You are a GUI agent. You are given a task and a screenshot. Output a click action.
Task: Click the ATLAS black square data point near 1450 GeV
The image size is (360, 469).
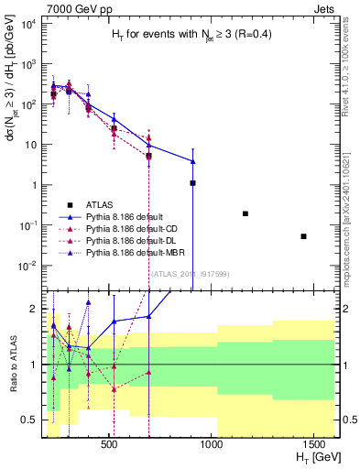tap(303, 236)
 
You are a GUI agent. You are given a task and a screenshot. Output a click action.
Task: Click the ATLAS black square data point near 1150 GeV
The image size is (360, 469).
tap(245, 213)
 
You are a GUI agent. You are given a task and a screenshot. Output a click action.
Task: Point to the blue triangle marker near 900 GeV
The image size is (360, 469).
tap(192, 161)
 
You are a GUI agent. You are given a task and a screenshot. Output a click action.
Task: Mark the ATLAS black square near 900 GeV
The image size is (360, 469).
tap(192, 183)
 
